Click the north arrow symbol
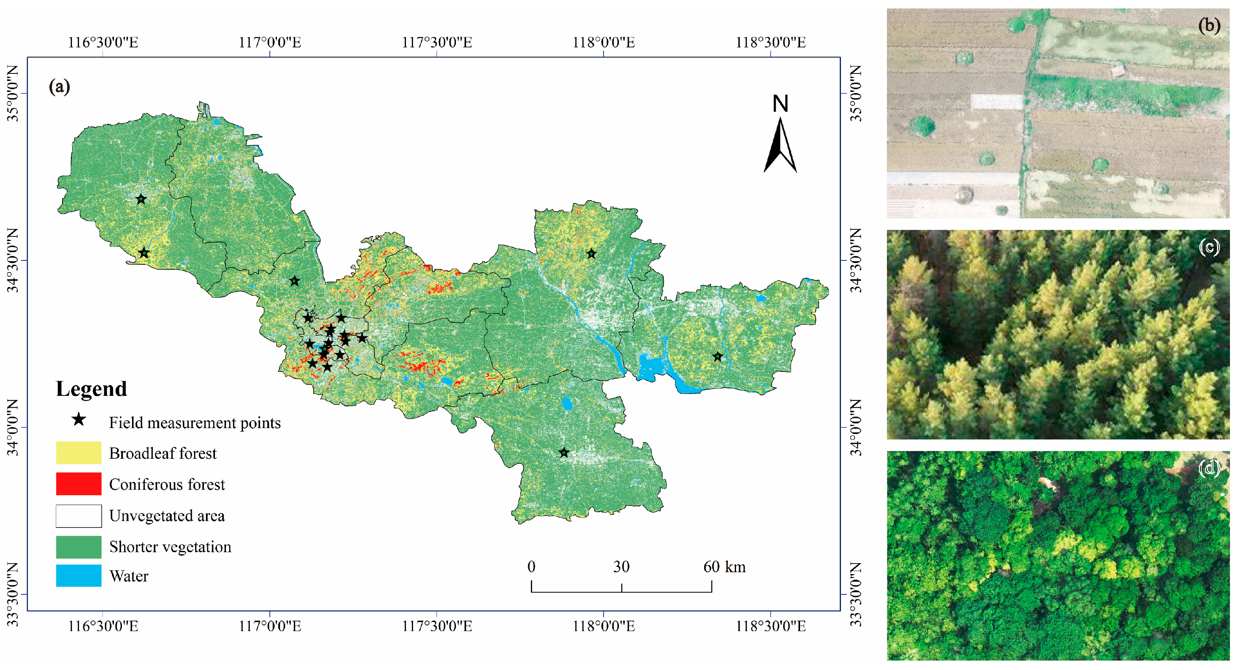[x=780, y=146]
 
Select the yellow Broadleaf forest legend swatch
[x=79, y=453]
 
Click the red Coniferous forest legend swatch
[x=79, y=483]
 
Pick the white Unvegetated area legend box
[x=79, y=516]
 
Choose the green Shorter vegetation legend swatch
[x=79, y=547]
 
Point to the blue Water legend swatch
[x=79, y=576]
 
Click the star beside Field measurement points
[x=79, y=419]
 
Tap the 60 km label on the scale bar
[x=724, y=567]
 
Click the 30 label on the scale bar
[x=621, y=567]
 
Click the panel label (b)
[x=1209, y=26]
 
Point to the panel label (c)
[x=1209, y=247]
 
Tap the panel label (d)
[x=1209, y=468]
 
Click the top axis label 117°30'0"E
[x=437, y=42]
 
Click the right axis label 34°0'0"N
[x=855, y=427]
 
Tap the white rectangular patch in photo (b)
[x=996, y=101]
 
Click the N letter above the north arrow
[x=780, y=104]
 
